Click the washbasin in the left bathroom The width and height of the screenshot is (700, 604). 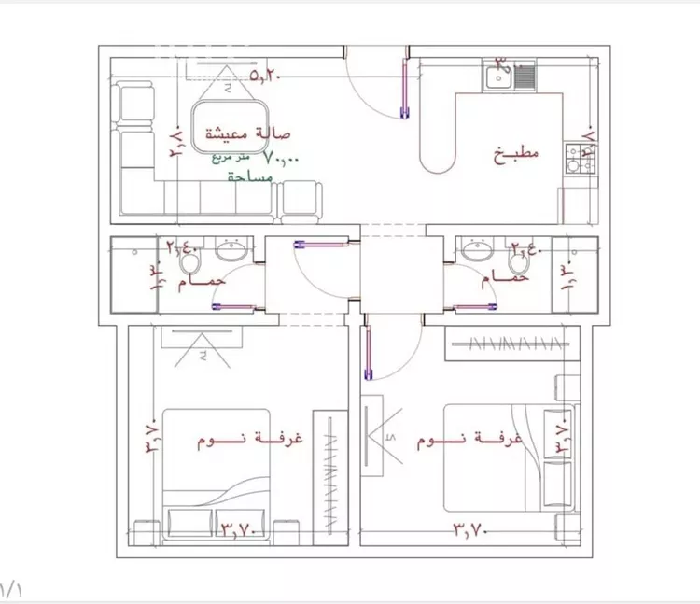pos(231,250)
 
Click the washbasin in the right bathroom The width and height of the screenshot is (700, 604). pos(478,250)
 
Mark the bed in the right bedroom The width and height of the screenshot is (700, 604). pos(495,457)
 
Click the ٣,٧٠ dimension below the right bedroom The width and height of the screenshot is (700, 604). pos(473,531)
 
